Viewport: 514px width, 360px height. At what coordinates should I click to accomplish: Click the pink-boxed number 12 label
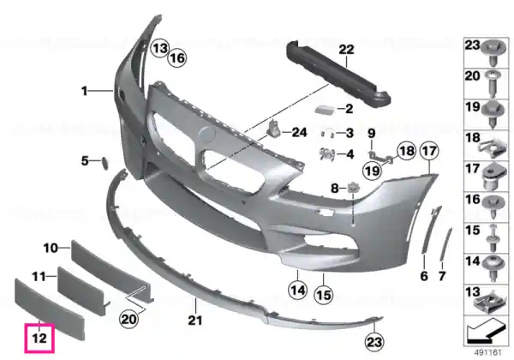click(x=39, y=338)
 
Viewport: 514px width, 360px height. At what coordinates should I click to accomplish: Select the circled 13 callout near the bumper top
click(x=159, y=49)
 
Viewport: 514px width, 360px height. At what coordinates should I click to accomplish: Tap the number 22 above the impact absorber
click(x=346, y=50)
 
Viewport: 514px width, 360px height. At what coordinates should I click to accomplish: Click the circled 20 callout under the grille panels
click(x=128, y=318)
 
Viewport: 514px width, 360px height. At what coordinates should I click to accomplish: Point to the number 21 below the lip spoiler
click(x=195, y=320)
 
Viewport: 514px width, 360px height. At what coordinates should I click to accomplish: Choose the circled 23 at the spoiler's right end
click(x=374, y=342)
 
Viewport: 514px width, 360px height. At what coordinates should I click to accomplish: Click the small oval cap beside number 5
click(x=105, y=163)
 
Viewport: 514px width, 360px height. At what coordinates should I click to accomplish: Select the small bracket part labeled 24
click(x=274, y=129)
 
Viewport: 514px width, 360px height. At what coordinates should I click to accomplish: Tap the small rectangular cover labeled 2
click(x=325, y=109)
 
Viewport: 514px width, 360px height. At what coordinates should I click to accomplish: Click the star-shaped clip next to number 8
click(x=352, y=188)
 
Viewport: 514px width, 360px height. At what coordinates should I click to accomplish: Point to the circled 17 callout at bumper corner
click(x=429, y=151)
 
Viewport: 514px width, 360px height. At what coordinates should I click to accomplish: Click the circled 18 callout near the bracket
click(x=406, y=151)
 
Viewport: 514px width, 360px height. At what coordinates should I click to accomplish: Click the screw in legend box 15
click(x=493, y=238)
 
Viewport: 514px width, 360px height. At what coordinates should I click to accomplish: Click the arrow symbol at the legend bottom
click(x=485, y=329)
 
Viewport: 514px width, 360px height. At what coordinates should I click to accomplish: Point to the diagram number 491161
click(x=488, y=353)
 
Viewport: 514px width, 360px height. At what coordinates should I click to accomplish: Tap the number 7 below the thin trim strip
click(x=442, y=276)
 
